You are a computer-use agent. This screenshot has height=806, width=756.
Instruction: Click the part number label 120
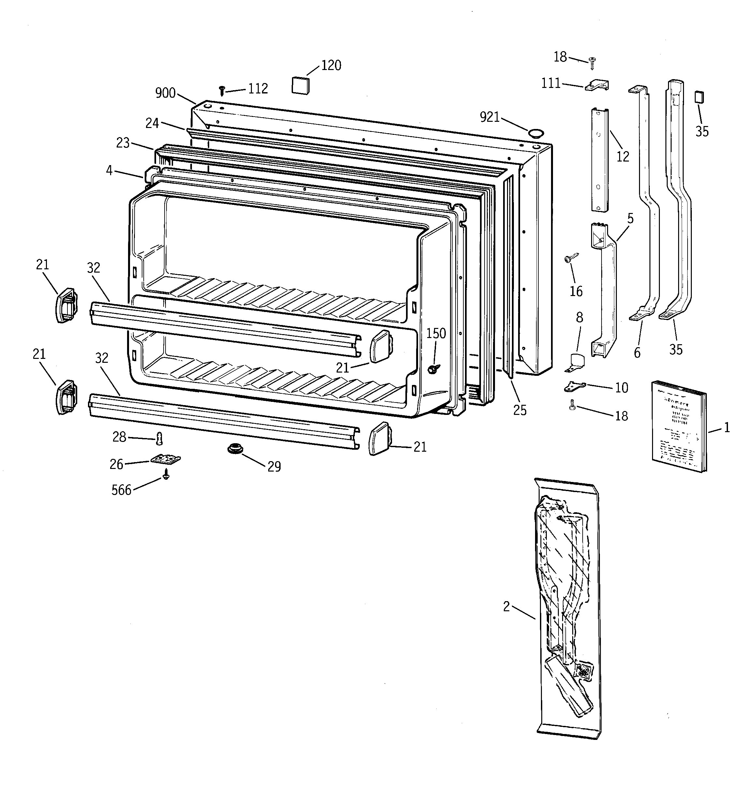pos(331,65)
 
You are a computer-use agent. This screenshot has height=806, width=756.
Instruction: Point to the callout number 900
pos(165,93)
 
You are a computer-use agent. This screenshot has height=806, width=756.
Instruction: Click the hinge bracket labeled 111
pos(597,85)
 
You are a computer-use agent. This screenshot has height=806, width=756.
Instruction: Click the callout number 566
pos(121,490)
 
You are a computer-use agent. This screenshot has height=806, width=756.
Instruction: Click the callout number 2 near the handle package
pos(506,606)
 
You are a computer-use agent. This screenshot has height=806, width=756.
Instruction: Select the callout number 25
pos(519,410)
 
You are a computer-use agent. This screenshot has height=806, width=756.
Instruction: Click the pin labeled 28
pos(159,438)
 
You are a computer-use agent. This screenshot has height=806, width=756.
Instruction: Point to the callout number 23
pos(123,143)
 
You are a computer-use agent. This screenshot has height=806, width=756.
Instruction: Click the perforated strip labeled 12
pos(599,159)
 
